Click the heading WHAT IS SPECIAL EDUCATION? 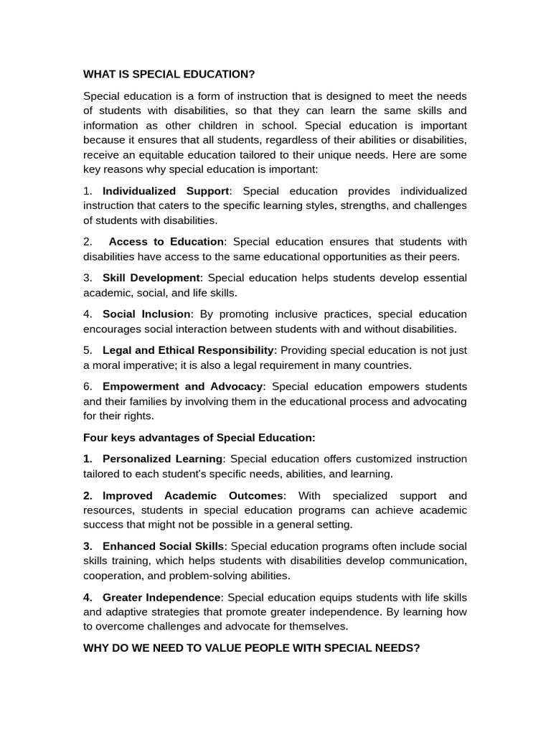click(x=169, y=74)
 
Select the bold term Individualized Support click(x=166, y=191)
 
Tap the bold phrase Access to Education click(x=166, y=241)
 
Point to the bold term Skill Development click(x=151, y=278)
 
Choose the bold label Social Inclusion click(x=146, y=314)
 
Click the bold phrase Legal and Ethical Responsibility click(x=188, y=350)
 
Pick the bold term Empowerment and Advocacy click(x=183, y=386)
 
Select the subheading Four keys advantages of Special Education click(x=199, y=437)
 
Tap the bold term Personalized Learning click(x=162, y=459)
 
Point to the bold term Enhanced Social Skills click(x=164, y=546)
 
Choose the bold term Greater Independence click(x=161, y=597)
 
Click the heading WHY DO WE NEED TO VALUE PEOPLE click(x=251, y=647)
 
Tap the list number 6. click(x=88, y=386)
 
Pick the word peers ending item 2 click(x=443, y=256)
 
